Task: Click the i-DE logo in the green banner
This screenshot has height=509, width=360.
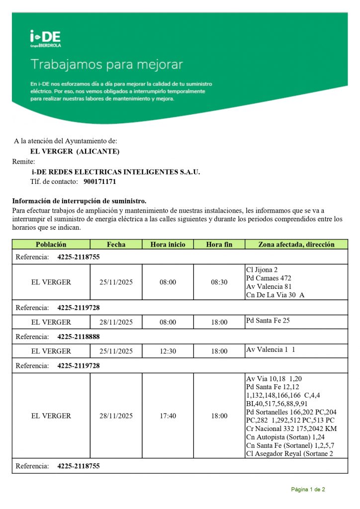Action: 45,38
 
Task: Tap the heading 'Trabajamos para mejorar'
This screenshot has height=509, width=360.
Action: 106,65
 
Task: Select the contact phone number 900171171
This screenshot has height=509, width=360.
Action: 99,182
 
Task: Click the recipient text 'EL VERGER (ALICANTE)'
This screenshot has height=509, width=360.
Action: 75,151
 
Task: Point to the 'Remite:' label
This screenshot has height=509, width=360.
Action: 23,162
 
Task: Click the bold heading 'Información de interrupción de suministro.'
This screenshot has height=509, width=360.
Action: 79,201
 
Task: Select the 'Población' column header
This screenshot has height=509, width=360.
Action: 51,245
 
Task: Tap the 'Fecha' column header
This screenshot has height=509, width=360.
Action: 116,245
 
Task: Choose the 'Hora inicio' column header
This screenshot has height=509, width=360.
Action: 168,245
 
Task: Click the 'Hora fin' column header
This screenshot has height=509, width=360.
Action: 219,245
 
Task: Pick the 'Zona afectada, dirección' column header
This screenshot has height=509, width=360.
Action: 296,245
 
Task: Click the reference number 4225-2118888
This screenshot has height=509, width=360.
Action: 79,337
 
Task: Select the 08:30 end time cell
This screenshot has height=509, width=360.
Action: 219,282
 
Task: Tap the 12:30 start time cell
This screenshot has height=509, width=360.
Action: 168,351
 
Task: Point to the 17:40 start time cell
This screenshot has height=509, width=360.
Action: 168,416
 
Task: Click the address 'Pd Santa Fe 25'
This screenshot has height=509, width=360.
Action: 268,321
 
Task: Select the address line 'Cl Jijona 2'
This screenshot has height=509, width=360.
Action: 263,270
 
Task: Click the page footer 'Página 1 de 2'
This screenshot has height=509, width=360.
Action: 308,490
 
